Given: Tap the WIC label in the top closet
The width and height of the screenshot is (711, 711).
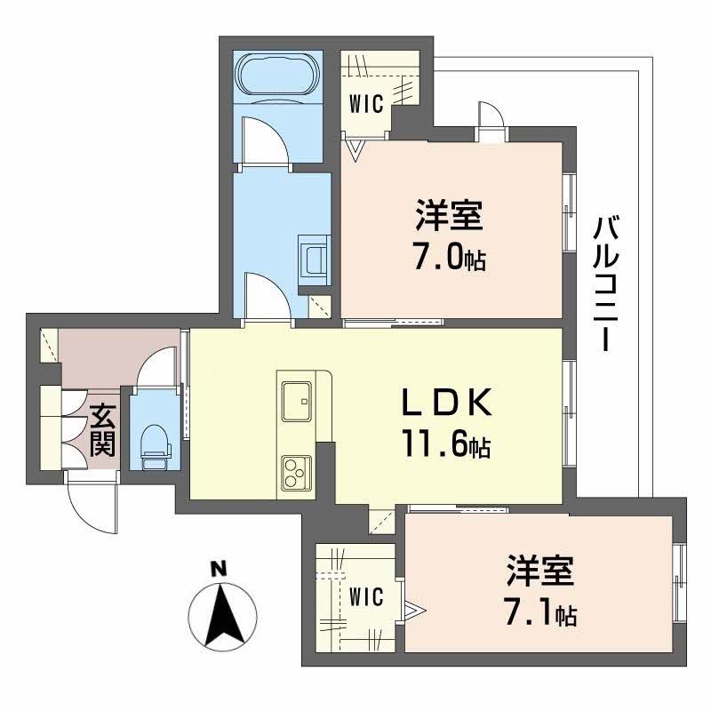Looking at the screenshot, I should tap(365, 104).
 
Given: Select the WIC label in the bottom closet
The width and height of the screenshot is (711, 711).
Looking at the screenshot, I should tap(365, 596).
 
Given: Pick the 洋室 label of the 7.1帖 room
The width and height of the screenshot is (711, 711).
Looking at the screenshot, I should tap(540, 572).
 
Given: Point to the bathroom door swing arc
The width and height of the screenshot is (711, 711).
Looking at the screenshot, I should tap(268, 142).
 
